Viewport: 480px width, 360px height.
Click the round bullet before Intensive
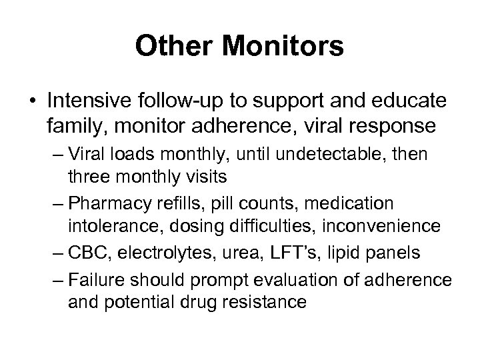[x=33, y=104]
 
